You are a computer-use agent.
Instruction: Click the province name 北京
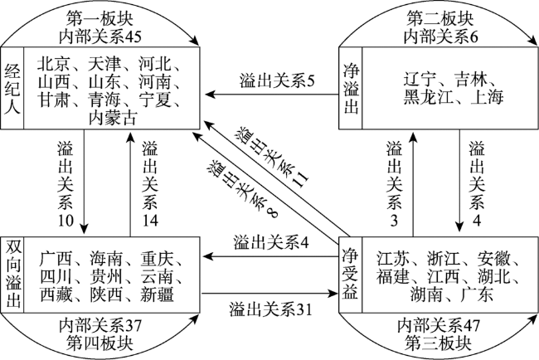coord(54,63)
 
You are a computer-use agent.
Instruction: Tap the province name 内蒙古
coord(113,118)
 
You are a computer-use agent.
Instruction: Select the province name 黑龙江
coord(428,97)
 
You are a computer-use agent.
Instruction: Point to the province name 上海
coord(488,97)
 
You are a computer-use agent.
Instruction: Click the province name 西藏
coord(56,294)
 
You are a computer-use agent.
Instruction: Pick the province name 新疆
coord(157,294)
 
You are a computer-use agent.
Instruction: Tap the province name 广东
coord(477,294)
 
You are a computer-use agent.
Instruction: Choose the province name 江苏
coord(392,259)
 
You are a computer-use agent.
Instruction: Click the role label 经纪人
coord(12,89)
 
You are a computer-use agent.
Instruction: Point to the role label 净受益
coord(350,274)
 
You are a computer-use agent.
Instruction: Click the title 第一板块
coord(100,19)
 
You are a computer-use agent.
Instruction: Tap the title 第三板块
coord(439,343)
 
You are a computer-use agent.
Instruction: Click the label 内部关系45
coord(100,36)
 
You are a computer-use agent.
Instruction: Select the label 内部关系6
coord(440,36)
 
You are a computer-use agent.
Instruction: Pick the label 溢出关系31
coord(270,309)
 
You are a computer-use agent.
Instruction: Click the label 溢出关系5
coord(277,82)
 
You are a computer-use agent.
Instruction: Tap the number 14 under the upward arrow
coord(150,221)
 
